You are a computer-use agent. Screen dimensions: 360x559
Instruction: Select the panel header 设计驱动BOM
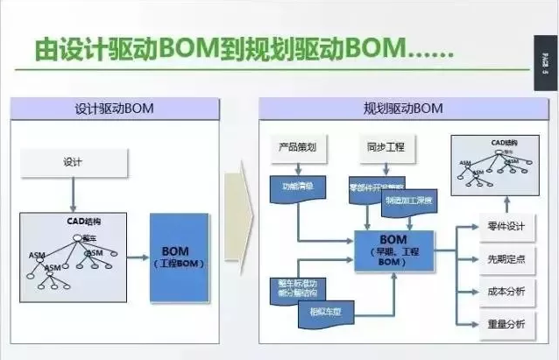point(115,109)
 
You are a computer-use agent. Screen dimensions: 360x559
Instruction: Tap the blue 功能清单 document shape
point(294,187)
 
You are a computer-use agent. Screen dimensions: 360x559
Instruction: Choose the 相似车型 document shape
point(323,313)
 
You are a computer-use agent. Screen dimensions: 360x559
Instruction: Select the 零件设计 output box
point(506,227)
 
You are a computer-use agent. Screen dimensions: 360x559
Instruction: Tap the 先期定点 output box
point(506,259)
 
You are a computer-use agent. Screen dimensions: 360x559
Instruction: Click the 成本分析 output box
point(506,291)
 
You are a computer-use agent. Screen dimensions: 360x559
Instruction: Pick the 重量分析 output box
point(506,323)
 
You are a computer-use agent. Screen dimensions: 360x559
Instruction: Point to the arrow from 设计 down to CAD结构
point(74,193)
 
